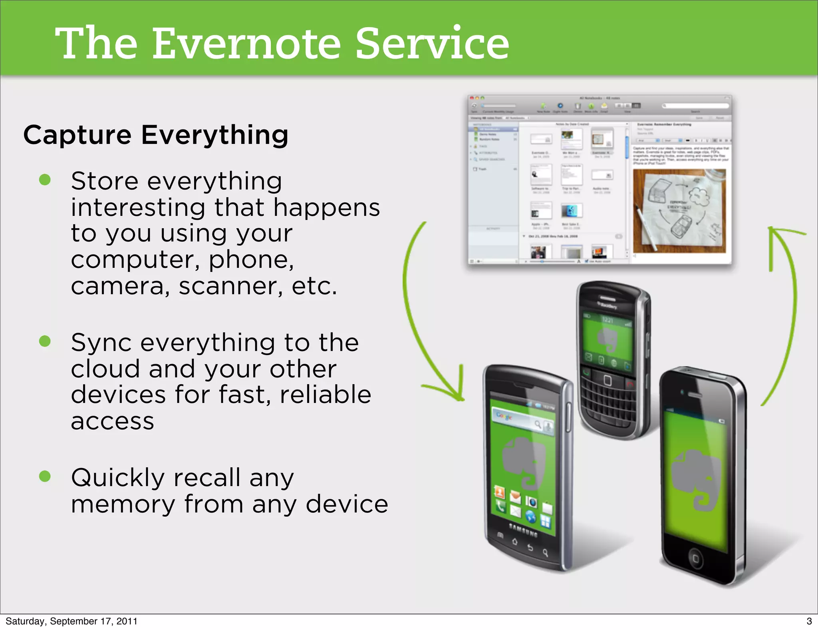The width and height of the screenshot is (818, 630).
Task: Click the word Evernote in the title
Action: (246, 43)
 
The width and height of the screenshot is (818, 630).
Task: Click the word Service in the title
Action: (432, 43)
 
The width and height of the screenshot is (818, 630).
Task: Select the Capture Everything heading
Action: (156, 135)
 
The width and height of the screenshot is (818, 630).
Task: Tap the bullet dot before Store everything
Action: (45, 180)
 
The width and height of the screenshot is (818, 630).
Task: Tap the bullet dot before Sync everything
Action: (45, 341)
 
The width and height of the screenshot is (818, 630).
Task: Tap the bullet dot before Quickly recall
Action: (45, 476)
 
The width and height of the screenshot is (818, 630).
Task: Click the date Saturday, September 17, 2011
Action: (71, 621)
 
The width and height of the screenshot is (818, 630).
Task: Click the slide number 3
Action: (809, 621)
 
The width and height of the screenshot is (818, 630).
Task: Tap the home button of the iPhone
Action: (695, 558)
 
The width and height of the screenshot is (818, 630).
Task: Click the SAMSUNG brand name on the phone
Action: (523, 530)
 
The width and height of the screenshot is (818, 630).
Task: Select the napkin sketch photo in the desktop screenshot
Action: (679, 211)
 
